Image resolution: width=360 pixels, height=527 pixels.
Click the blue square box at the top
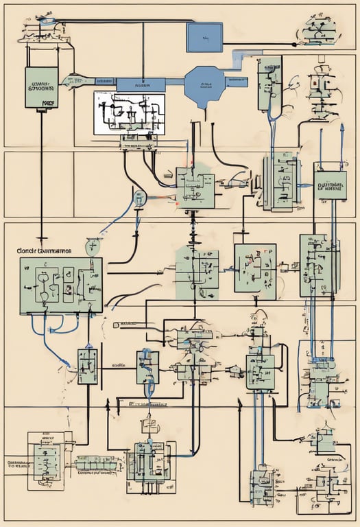click(x=204, y=37)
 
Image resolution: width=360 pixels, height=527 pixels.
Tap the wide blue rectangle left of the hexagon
click(x=141, y=84)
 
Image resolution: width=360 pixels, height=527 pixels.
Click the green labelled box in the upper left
click(x=42, y=87)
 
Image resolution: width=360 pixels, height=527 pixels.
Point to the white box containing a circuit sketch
click(x=129, y=113)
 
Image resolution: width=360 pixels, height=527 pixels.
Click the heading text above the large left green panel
click(x=44, y=251)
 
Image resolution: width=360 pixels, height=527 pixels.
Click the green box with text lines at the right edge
click(x=330, y=183)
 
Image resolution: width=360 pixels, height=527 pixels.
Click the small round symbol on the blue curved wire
click(x=141, y=199)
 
